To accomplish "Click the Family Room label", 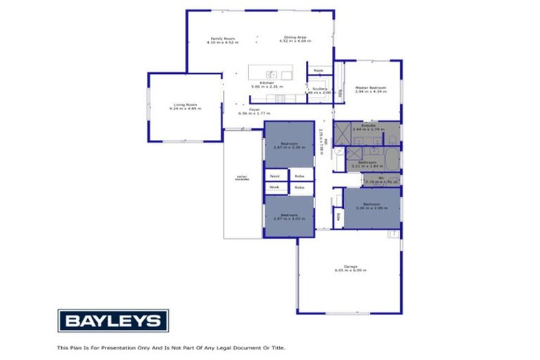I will pyautogui.click(x=223, y=38).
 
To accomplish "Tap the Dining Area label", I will pyautogui.click(x=294, y=37).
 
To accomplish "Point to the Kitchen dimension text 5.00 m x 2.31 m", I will pyautogui.click(x=266, y=86).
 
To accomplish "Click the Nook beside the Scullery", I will pyautogui.click(x=319, y=70).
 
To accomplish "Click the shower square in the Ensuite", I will pyautogui.click(x=344, y=132).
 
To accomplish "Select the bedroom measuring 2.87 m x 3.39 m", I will pyautogui.click(x=288, y=146).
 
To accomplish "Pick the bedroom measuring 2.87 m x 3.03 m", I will pyautogui.click(x=288, y=216).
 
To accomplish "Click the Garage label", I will pyautogui.click(x=350, y=266).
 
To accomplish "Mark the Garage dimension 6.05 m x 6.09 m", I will pyautogui.click(x=350, y=271).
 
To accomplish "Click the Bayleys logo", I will pyautogui.click(x=112, y=321).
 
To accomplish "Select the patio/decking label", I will pyautogui.click(x=241, y=178).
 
